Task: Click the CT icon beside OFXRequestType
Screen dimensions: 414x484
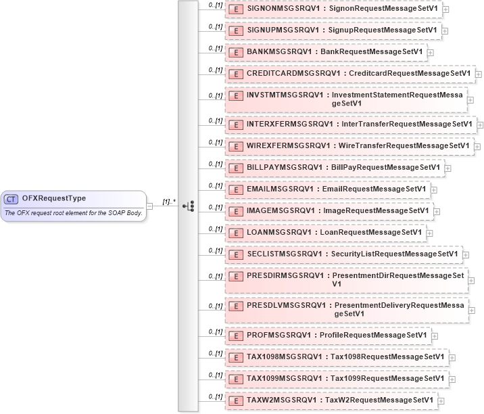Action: click(x=11, y=199)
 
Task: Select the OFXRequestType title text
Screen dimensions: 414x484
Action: click(x=54, y=198)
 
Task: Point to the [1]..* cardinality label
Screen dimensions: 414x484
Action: click(x=169, y=202)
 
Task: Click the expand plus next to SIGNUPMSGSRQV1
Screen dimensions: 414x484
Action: click(x=446, y=31)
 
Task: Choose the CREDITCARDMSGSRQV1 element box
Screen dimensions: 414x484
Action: click(x=349, y=74)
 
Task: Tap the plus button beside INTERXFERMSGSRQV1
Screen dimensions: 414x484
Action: click(x=481, y=125)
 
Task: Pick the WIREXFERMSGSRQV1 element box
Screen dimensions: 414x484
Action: click(x=348, y=146)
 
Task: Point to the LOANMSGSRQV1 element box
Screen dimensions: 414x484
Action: click(x=325, y=233)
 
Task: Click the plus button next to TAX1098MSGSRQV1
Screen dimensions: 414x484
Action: click(x=452, y=357)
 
